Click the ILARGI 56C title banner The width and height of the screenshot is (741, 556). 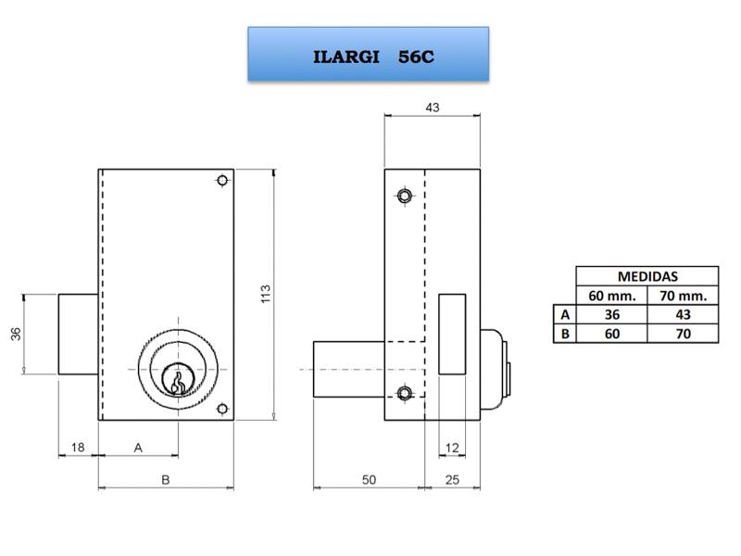click(x=368, y=54)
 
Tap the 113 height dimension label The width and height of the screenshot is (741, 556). click(x=266, y=294)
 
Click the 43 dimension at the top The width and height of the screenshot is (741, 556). click(x=433, y=107)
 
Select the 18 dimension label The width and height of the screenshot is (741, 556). click(x=78, y=448)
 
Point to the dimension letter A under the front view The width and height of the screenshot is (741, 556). click(x=138, y=448)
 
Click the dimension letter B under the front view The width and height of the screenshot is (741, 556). click(x=166, y=480)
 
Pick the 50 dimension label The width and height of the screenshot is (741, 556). click(x=369, y=480)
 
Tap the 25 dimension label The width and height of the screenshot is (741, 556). click(x=452, y=480)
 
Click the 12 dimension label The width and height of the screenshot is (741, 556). click(x=452, y=448)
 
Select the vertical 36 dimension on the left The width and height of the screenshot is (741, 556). click(x=16, y=334)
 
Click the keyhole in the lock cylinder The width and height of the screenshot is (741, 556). click(x=178, y=383)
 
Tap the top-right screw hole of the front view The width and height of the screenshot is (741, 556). click(x=222, y=180)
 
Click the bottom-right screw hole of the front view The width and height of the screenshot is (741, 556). click(x=222, y=409)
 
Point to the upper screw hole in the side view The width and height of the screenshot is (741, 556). click(x=404, y=196)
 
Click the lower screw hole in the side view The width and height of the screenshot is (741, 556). click(x=404, y=393)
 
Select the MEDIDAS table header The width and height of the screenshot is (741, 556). click(x=647, y=276)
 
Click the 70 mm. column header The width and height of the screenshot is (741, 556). click(x=684, y=296)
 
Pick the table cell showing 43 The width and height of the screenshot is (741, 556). click(x=684, y=315)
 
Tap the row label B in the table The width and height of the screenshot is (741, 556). click(x=565, y=335)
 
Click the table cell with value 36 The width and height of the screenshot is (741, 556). click(x=612, y=315)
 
